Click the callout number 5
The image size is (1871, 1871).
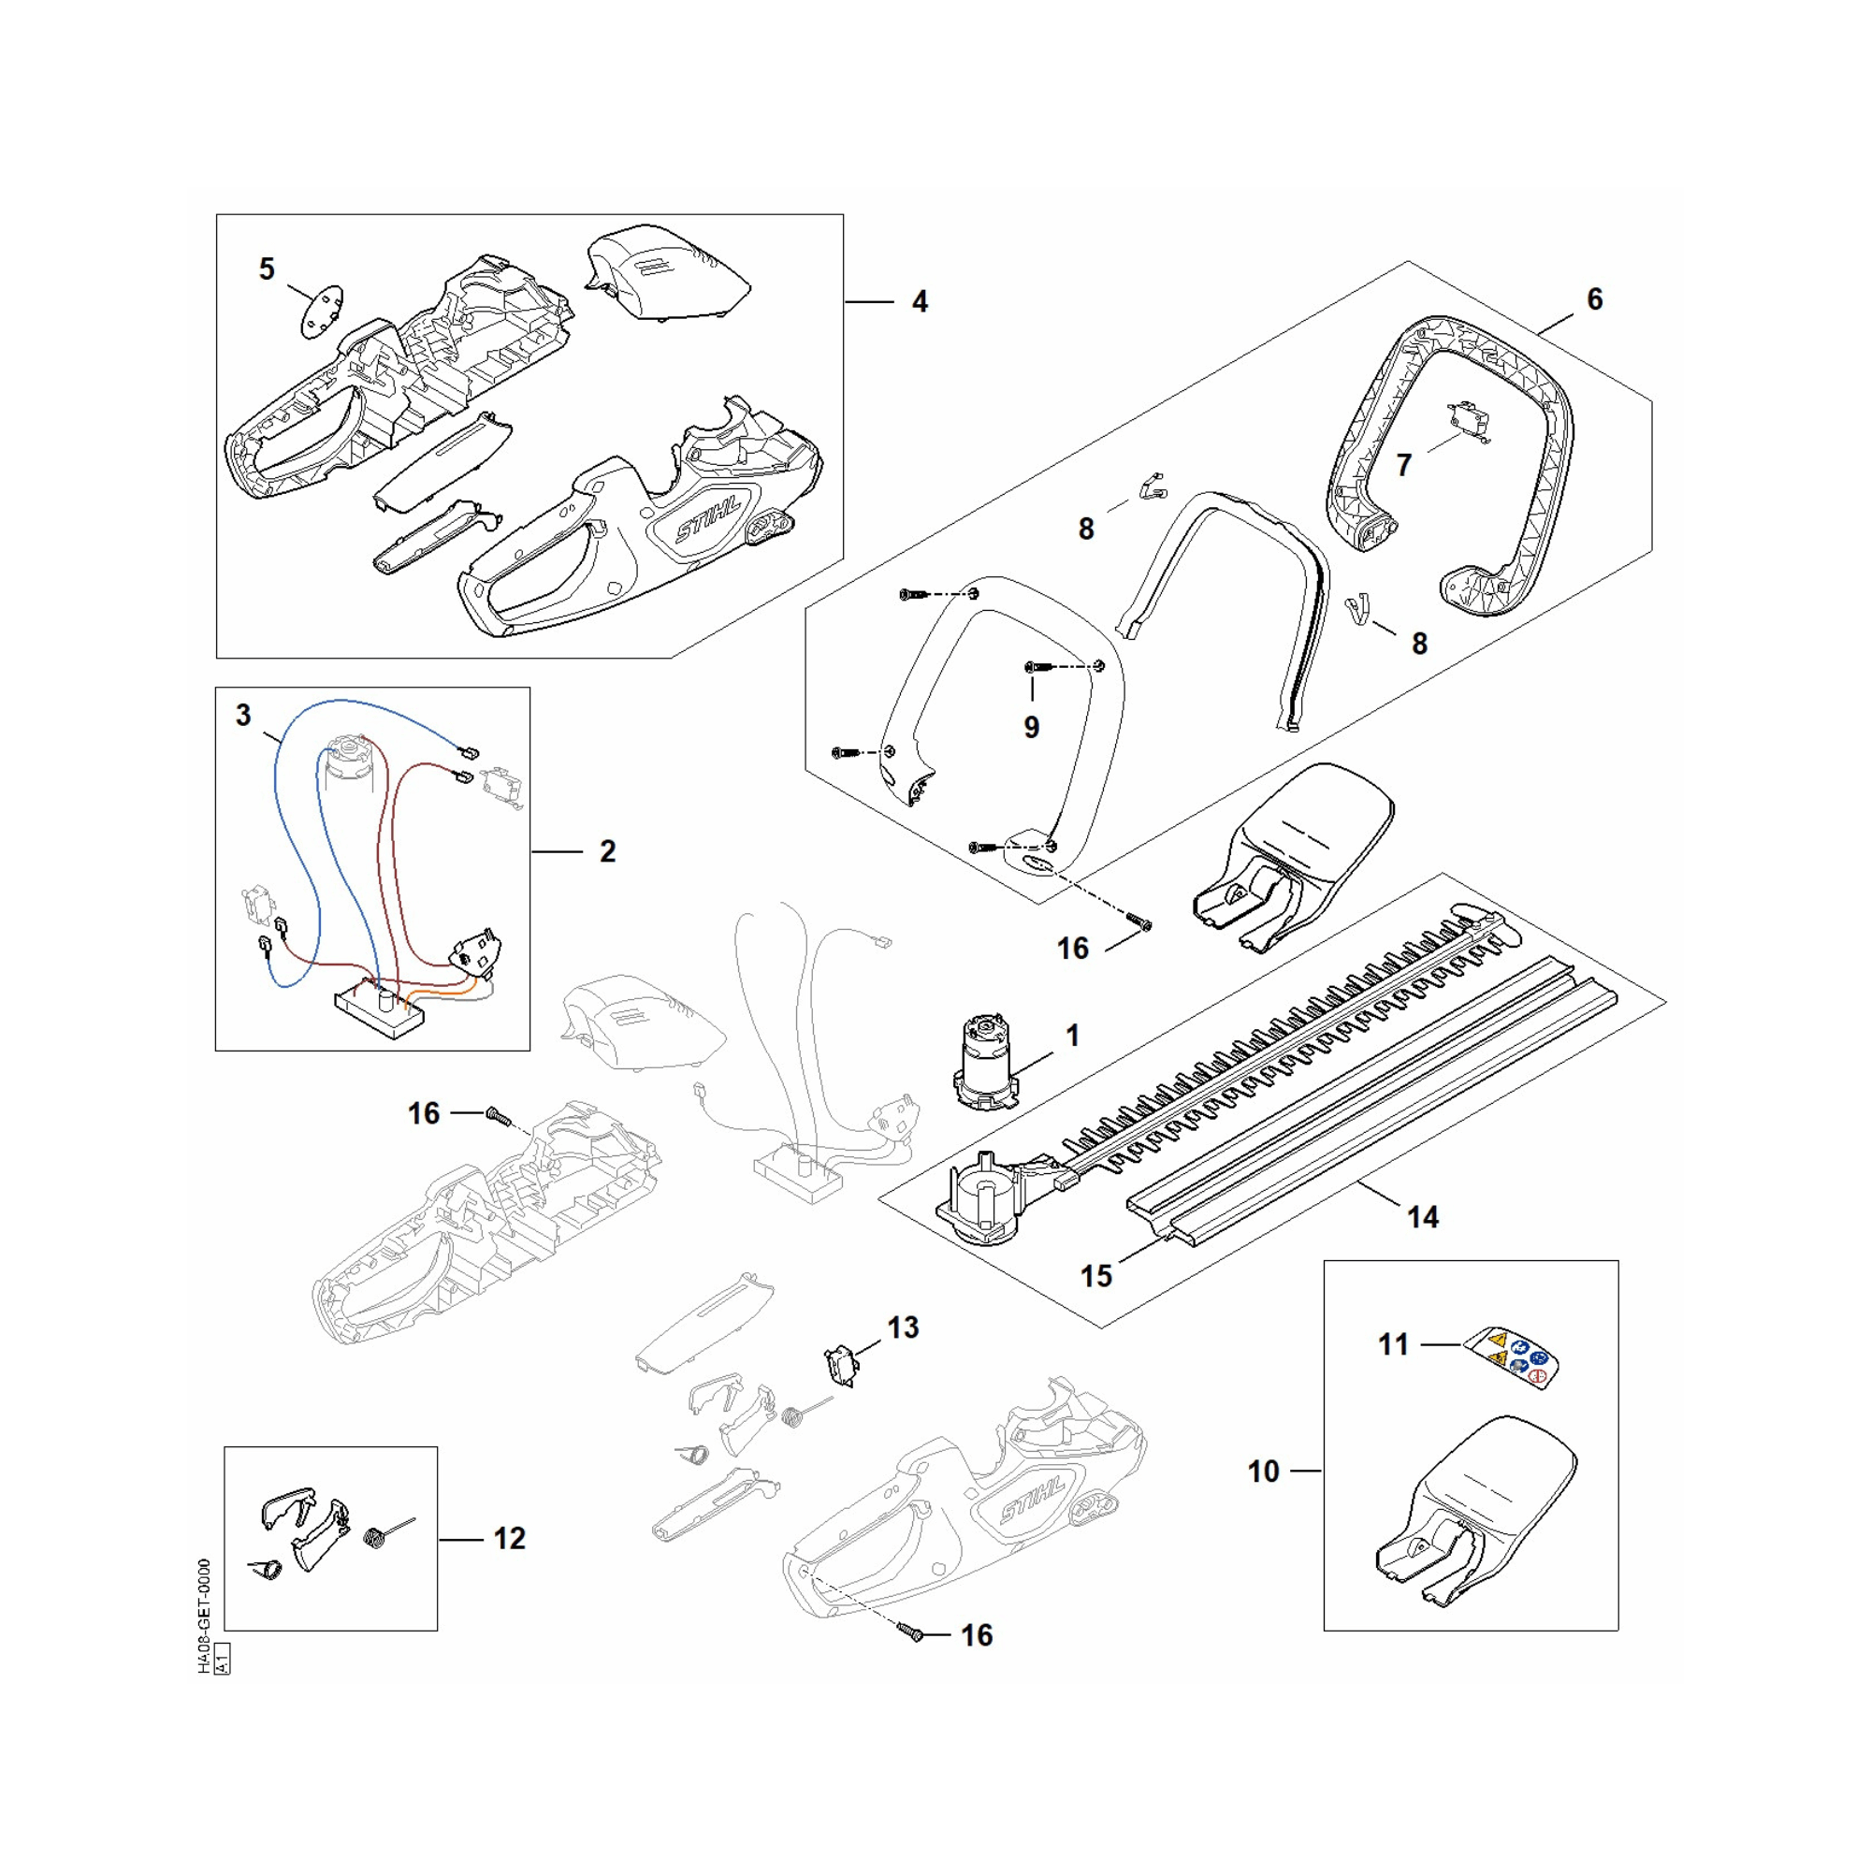click(x=268, y=268)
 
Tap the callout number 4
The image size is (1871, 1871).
click(x=919, y=302)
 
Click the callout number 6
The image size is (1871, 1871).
click(x=1594, y=299)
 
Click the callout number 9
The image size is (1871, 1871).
click(x=1031, y=726)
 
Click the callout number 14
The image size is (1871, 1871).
click(x=1422, y=1217)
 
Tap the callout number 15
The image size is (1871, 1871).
click(x=1096, y=1275)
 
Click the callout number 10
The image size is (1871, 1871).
click(x=1263, y=1471)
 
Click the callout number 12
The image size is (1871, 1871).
click(x=510, y=1538)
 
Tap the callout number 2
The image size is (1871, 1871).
click(x=607, y=851)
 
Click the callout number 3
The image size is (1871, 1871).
click(x=243, y=715)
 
